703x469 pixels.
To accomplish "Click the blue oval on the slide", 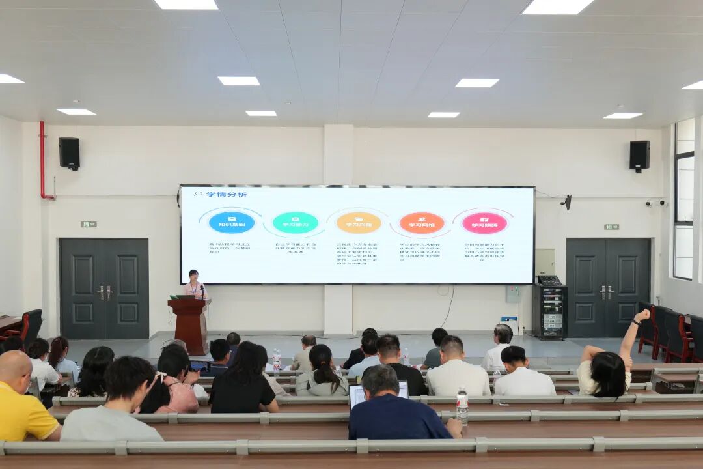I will point(231,223).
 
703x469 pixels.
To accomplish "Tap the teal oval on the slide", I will point(295,223).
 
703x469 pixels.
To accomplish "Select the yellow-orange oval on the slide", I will point(358,223).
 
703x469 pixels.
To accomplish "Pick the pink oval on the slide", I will point(484,223).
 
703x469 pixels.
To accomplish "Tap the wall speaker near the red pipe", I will point(69,153).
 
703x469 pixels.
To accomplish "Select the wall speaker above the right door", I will point(639,156).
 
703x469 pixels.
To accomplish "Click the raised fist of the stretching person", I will point(642,315).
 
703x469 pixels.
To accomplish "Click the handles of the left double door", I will point(104,292).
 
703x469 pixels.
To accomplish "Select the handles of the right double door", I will point(607,292).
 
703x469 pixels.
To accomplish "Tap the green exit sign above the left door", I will point(89,224).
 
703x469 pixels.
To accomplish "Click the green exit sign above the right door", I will point(611,227).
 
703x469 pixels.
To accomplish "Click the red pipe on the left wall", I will point(43,160).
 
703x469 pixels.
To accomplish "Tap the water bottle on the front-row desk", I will point(277,359).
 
